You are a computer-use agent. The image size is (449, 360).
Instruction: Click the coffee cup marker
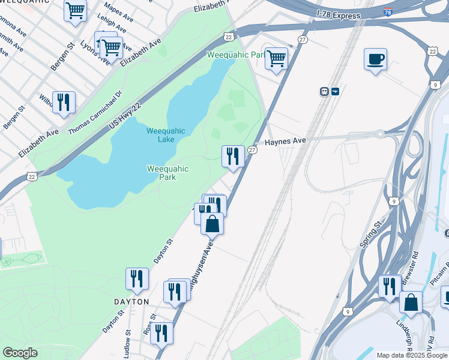[x=375, y=59]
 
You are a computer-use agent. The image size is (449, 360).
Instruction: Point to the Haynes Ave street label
[x=286, y=141]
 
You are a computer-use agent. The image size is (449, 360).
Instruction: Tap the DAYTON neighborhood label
[x=131, y=302]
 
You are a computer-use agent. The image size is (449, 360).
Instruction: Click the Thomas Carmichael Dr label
[x=95, y=113]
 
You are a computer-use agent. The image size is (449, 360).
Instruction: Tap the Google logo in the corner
[x=20, y=353]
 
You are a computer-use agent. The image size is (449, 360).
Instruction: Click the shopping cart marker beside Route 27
[x=276, y=59]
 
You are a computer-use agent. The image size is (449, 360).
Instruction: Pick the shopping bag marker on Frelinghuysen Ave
[x=212, y=224]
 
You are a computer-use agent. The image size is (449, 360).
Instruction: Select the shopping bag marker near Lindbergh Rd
[x=411, y=302]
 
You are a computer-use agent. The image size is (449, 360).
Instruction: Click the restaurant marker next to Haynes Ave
[x=233, y=156]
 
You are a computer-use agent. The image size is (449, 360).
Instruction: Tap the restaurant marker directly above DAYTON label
[x=137, y=278]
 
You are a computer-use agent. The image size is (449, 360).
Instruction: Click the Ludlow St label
[x=128, y=340]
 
